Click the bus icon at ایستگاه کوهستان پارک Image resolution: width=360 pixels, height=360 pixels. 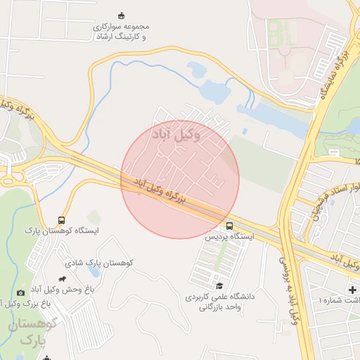coord(62,220)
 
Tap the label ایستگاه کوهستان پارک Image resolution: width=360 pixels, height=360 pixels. coord(62,231)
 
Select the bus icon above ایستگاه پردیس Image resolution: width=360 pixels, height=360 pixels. coord(230,226)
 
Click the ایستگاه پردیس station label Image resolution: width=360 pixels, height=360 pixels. coord(229,238)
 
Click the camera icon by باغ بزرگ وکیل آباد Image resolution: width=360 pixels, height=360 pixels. coord(20,292)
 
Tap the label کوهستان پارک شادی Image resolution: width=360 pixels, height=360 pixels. coord(99,262)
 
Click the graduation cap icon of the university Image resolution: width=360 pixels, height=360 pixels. coord(219,285)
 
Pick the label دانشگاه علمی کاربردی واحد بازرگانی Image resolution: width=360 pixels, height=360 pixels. coord(218,302)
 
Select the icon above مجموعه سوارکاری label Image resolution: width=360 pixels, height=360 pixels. coord(122,15)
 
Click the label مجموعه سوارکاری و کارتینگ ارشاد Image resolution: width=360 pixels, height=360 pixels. coord(121,31)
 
